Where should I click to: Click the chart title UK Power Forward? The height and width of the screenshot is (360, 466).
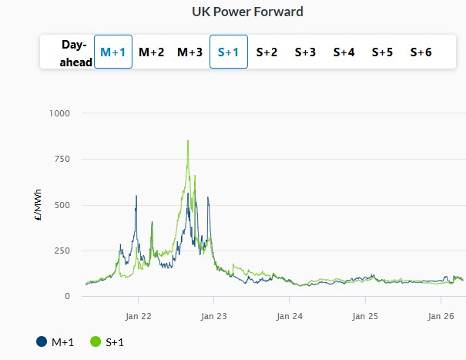[247, 12]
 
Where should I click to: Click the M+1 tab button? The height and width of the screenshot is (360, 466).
[113, 52]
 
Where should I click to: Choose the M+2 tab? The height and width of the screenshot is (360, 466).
[152, 52]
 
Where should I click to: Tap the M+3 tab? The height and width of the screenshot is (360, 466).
[190, 52]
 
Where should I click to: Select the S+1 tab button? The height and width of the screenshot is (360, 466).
[229, 52]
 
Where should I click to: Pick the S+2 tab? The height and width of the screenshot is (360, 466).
[267, 52]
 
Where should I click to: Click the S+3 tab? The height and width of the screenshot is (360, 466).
[306, 52]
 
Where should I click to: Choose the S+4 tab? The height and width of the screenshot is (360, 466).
[344, 52]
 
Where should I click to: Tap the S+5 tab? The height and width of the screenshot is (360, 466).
[383, 52]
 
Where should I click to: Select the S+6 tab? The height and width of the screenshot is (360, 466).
[421, 52]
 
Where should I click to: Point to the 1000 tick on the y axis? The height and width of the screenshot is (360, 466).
[59, 113]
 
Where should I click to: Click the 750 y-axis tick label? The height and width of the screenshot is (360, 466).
[62, 159]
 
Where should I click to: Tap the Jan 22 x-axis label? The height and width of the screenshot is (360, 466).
[138, 316]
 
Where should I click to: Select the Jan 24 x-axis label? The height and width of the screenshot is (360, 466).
[289, 316]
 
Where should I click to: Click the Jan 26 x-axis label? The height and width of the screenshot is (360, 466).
[440, 316]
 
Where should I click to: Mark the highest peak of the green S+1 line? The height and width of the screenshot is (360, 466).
[188, 141]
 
